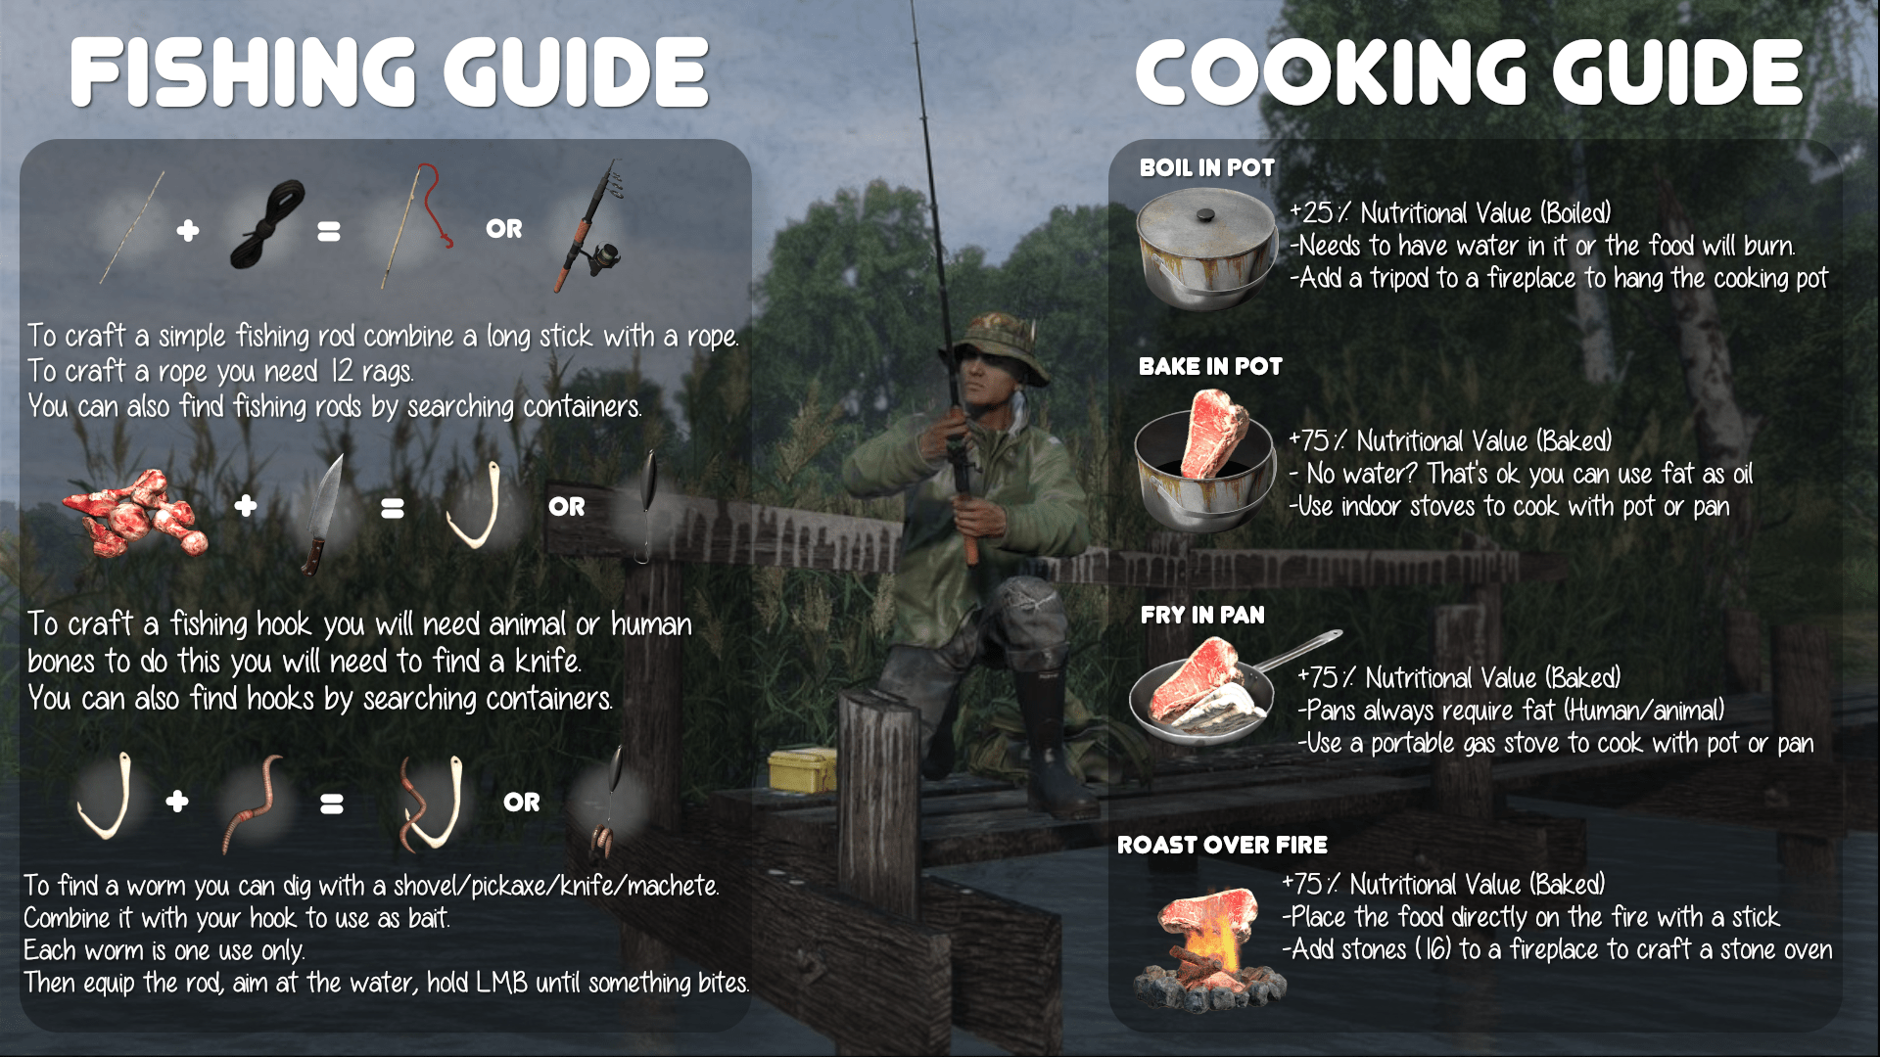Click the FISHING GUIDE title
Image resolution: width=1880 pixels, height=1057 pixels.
pos(389,73)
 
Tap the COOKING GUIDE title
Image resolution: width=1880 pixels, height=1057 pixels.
pos(1469,73)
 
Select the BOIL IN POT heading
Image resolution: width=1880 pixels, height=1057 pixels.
pos(1206,167)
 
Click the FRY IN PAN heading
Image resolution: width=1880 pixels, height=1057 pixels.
pos(1202,615)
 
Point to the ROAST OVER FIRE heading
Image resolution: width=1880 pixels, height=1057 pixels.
pos(1222,845)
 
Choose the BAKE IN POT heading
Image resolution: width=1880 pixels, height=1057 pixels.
pos(1210,366)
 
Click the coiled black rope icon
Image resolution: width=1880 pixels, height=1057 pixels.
pos(266,225)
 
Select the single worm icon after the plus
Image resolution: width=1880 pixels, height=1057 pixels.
pos(253,802)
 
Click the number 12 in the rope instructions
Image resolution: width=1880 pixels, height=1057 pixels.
pos(341,372)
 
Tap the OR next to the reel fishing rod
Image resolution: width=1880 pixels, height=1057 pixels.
pos(504,229)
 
